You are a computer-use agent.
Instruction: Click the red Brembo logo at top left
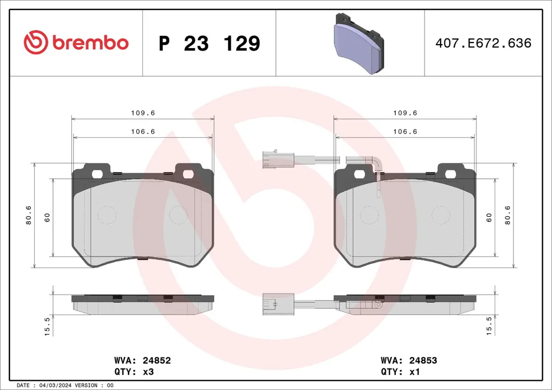pos(76,42)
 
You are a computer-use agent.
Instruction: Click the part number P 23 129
pos(209,43)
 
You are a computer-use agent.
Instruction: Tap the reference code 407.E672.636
pos(484,43)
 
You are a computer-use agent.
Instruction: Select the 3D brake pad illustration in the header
pos(358,44)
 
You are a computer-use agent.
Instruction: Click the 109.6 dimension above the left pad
pos(143,113)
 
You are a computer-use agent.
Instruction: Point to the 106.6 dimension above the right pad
pos(405,131)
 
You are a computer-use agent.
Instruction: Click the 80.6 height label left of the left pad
pos(29,215)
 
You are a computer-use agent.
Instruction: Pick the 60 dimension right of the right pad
pos(489,217)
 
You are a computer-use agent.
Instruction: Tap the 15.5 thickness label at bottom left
pos(47,327)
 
